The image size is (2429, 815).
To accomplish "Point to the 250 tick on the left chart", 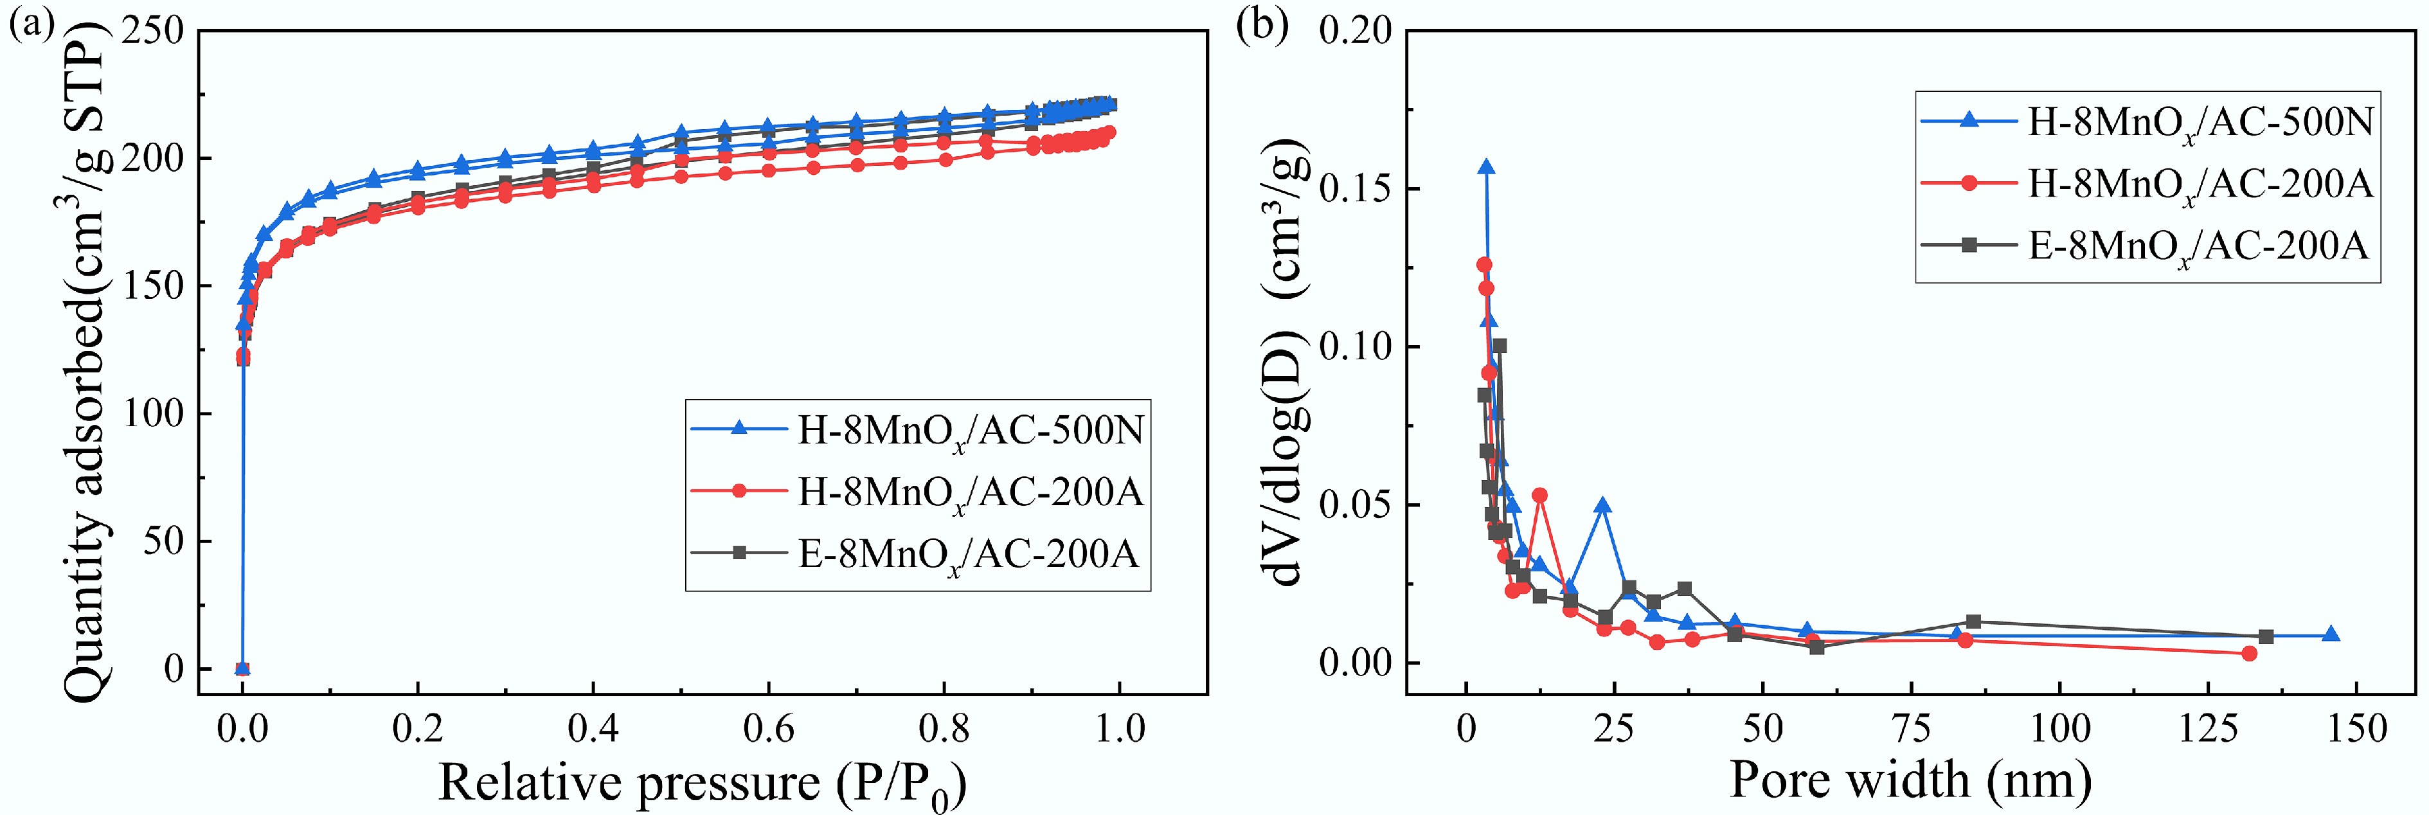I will point(154,30).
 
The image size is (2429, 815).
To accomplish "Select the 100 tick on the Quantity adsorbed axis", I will point(154,413).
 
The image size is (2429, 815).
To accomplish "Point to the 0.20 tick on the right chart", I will point(1355,30).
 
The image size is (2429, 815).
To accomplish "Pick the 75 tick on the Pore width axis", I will point(1912,728).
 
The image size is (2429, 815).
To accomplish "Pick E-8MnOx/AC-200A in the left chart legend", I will point(969,553).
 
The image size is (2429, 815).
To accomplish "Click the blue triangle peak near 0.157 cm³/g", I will point(1486,167).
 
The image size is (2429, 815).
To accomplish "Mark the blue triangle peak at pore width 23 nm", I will point(1602,506).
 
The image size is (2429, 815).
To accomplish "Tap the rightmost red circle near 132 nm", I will point(2249,653).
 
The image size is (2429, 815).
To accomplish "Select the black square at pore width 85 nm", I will point(1973,622).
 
